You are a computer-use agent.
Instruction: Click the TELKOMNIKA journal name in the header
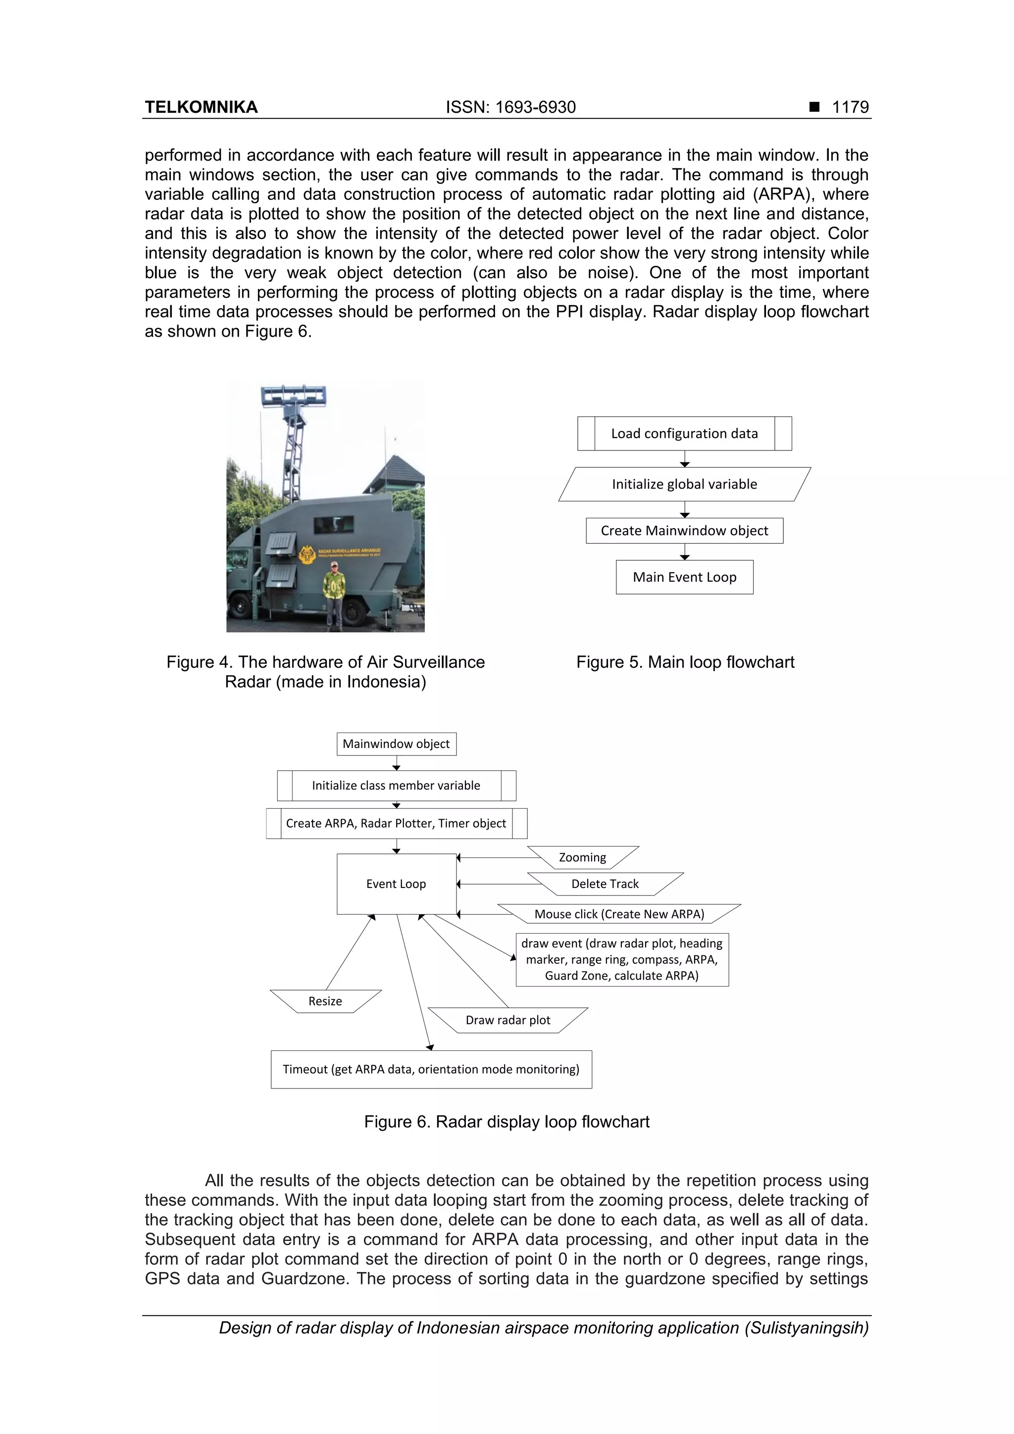pyautogui.click(x=201, y=107)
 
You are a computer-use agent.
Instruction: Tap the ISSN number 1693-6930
pyautogui.click(x=510, y=107)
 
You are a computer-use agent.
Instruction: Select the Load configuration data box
pyautogui.click(x=684, y=434)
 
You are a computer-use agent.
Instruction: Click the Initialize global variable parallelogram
pyautogui.click(x=684, y=484)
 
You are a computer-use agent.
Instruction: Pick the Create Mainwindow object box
pyautogui.click(x=684, y=530)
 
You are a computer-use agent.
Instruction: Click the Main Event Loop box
pyautogui.click(x=684, y=577)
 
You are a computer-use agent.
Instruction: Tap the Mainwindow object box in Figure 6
pyautogui.click(x=396, y=744)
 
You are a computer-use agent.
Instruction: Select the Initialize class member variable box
pyautogui.click(x=396, y=785)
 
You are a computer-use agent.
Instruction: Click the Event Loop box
pyautogui.click(x=396, y=884)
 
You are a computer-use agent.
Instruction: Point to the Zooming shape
pyautogui.click(x=582, y=857)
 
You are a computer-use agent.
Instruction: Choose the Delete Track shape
pyautogui.click(x=605, y=884)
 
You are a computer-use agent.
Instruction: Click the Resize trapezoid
pyautogui.click(x=325, y=1001)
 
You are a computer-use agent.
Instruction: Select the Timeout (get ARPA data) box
pyautogui.click(x=431, y=1069)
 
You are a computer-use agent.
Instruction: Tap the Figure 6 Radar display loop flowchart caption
pyautogui.click(x=507, y=1122)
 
